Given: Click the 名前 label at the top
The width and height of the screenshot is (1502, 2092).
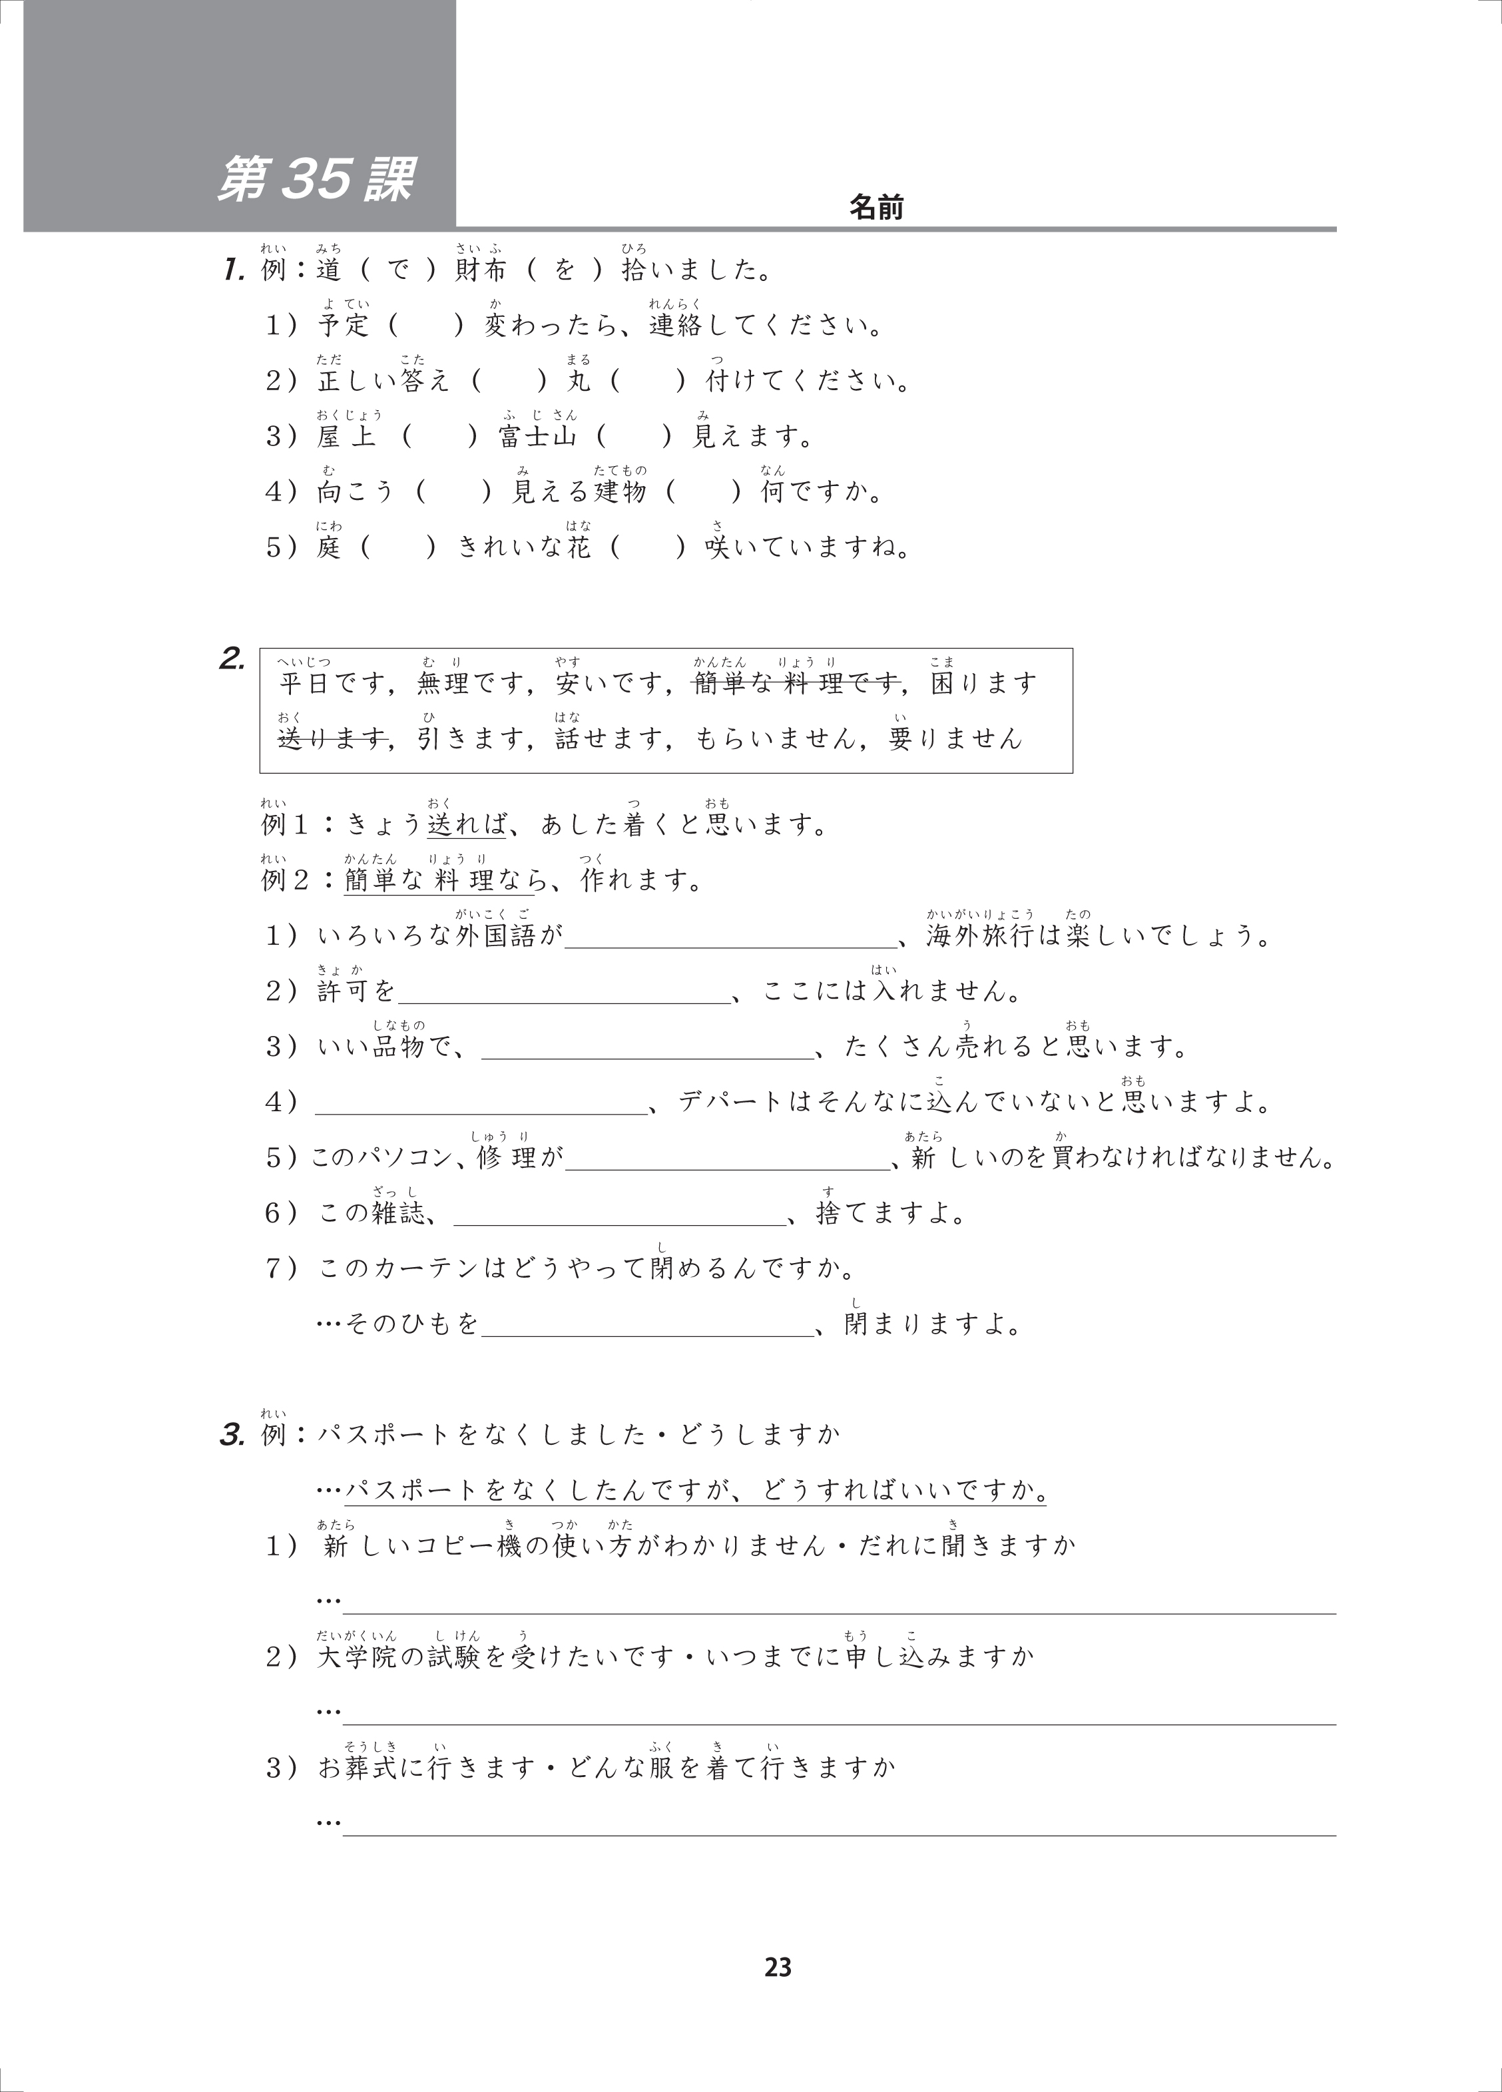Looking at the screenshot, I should click(876, 208).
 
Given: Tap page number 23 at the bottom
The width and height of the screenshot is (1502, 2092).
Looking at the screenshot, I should click(778, 1967).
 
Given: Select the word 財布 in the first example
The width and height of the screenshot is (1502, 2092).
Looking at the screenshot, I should click(481, 270).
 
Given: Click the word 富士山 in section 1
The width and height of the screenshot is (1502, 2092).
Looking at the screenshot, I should click(537, 436).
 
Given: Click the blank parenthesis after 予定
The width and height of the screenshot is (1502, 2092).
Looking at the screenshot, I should click(425, 326).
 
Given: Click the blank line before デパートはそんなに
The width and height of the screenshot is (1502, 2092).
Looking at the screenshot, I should click(481, 1103).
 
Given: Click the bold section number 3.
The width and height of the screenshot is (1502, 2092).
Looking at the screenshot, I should click(230, 1436).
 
